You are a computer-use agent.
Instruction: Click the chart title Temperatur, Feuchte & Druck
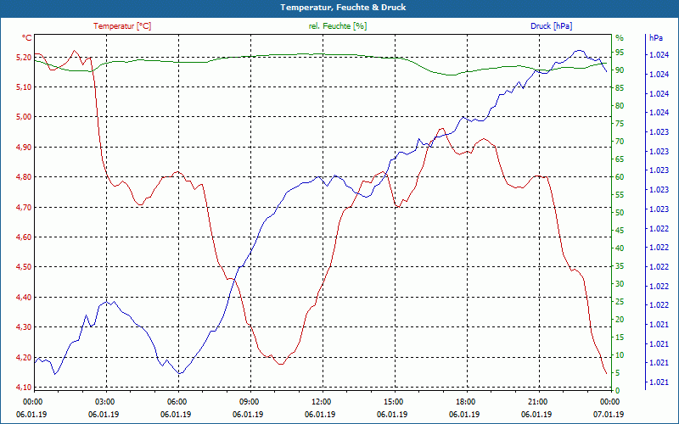click(339, 7)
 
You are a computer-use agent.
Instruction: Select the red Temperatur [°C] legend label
click(122, 26)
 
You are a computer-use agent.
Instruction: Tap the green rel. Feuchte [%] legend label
click(338, 26)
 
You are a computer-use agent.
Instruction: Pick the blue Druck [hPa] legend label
click(552, 26)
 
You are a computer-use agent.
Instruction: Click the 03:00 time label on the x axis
click(105, 401)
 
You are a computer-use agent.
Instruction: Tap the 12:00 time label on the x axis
click(322, 401)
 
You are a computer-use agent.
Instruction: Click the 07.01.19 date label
click(609, 414)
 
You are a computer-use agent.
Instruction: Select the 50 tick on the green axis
click(620, 213)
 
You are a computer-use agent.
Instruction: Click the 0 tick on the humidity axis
click(617, 390)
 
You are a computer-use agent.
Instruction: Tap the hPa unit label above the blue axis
click(656, 38)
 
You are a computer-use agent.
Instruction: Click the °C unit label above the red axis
click(27, 38)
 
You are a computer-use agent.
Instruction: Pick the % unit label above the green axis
click(619, 38)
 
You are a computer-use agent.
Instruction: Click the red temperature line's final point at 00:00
click(606, 374)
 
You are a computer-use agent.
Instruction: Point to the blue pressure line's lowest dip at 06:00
click(179, 374)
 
